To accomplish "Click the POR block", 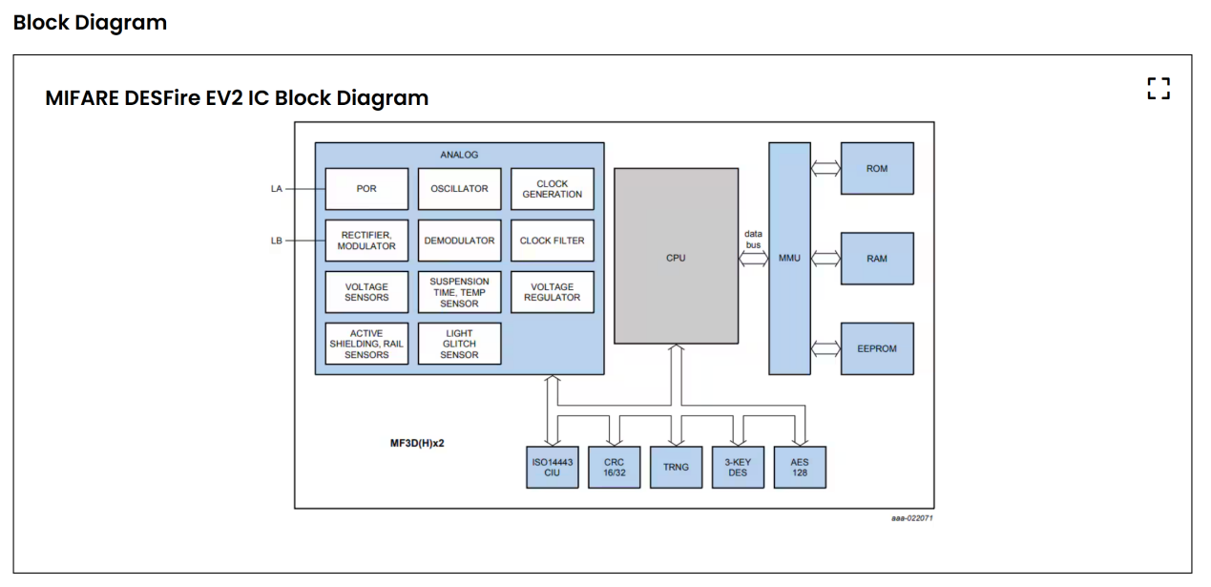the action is (x=366, y=189).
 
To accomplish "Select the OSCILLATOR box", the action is (x=460, y=189).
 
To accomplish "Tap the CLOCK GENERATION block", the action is (x=552, y=189).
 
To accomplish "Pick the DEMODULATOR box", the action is (x=460, y=241).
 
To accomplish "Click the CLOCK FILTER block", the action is (x=552, y=241).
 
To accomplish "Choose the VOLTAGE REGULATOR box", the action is (x=552, y=292).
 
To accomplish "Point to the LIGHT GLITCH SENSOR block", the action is (x=460, y=344).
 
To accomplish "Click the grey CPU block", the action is (x=676, y=256).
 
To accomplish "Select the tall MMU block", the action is (x=789, y=259).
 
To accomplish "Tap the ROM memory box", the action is (x=877, y=169).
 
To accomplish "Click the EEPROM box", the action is (x=877, y=348).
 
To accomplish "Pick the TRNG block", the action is (x=676, y=467).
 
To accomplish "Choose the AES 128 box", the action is (x=800, y=467).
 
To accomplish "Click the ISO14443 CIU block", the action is (x=552, y=467).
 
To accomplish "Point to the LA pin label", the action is (x=276, y=189).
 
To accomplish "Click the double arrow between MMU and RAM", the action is (x=825, y=259).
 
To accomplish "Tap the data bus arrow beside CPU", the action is (x=754, y=259).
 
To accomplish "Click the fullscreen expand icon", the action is (x=1159, y=89).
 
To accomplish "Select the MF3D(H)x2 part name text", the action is (x=417, y=443).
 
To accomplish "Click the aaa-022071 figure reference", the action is (x=912, y=518).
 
